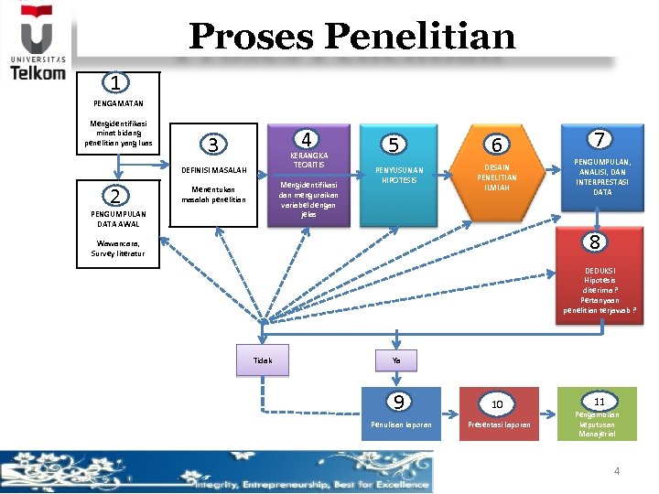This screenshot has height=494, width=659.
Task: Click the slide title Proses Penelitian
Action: [352, 37]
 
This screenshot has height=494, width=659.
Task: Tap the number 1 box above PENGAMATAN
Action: [114, 83]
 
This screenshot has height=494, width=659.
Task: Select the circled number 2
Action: [114, 196]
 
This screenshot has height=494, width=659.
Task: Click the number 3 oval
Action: [212, 145]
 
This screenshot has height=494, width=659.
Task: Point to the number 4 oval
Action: [308, 140]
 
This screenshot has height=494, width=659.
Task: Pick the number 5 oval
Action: [393, 145]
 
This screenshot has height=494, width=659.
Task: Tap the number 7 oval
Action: [600, 139]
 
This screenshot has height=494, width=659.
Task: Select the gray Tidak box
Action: [263, 360]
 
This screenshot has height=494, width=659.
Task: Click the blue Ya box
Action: [396, 360]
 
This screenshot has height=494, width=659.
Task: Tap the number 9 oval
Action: [397, 401]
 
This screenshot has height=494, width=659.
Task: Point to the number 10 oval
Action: [497, 403]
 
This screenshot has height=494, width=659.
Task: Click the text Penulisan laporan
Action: [400, 425]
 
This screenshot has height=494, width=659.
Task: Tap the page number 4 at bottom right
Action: [616, 471]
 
